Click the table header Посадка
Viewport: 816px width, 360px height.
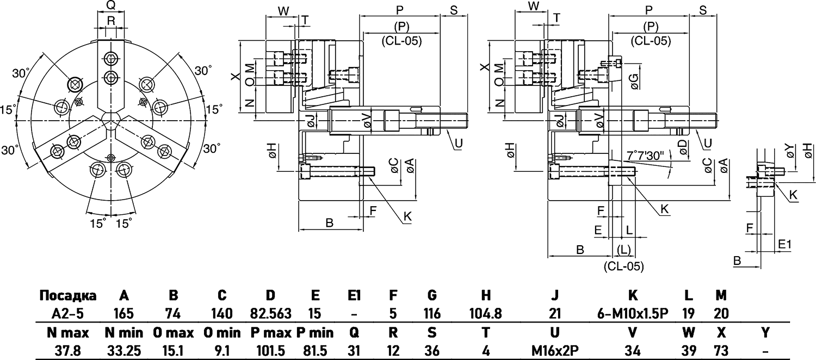coord(68,296)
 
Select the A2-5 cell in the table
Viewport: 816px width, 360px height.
coord(68,314)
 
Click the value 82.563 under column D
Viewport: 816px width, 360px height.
coord(270,314)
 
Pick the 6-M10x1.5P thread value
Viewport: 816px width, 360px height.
coord(633,314)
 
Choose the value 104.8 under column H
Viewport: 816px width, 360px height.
coord(486,314)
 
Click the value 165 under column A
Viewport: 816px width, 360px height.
coord(124,314)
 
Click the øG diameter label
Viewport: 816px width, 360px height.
coord(634,80)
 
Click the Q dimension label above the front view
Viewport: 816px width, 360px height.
coord(110,5)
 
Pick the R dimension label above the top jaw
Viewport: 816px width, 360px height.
coord(110,21)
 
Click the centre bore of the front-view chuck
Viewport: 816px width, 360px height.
coord(111,119)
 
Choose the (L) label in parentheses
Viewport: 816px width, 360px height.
coord(624,250)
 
